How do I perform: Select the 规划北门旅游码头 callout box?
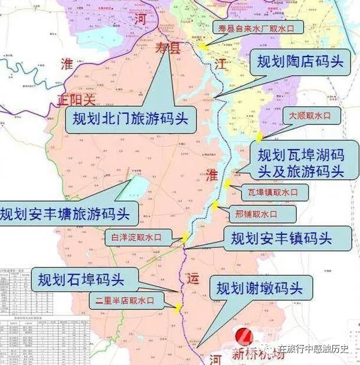(x=130, y=119)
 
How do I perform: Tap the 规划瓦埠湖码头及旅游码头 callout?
(x=301, y=163)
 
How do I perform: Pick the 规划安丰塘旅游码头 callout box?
(x=69, y=212)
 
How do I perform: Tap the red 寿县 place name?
(x=166, y=48)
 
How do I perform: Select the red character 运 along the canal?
(x=195, y=278)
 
